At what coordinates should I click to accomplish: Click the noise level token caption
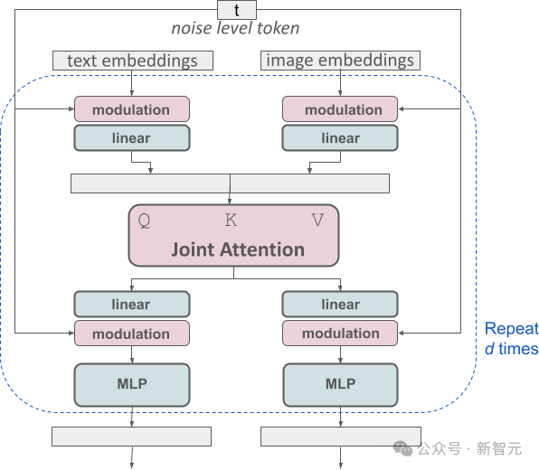click(235, 28)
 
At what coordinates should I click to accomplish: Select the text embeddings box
click(133, 61)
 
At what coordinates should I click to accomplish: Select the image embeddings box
click(341, 61)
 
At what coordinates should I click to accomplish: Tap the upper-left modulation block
click(132, 109)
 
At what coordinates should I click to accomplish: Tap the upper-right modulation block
click(341, 109)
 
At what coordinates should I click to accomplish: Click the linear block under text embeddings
click(132, 138)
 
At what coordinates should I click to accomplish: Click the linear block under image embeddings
click(341, 138)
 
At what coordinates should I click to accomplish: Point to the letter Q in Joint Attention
click(144, 220)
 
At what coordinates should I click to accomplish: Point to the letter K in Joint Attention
click(232, 220)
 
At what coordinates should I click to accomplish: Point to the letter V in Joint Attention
click(317, 220)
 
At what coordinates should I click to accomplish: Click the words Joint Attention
click(238, 249)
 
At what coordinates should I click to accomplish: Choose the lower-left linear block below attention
click(132, 305)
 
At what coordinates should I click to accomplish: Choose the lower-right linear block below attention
click(341, 305)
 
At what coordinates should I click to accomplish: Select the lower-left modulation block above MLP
click(132, 334)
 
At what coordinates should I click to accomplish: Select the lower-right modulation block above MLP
click(341, 334)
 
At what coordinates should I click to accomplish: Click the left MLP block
click(132, 384)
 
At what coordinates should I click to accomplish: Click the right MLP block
click(341, 384)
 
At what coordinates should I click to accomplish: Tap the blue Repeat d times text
click(511, 339)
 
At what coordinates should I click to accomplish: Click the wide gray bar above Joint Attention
click(230, 183)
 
